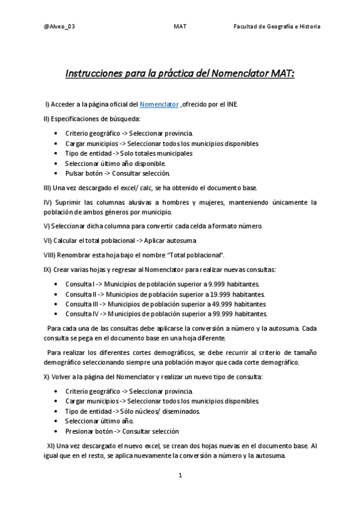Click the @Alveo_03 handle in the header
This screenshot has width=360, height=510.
point(59,26)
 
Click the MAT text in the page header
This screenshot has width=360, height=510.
point(180,26)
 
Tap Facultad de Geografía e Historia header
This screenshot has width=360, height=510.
point(277,26)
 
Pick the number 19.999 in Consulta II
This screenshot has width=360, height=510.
point(220,293)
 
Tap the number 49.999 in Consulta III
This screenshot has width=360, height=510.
point(222,304)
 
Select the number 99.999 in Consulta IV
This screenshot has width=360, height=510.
point(222,313)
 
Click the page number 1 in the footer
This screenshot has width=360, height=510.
point(180,476)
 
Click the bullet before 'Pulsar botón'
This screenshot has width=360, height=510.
point(56,173)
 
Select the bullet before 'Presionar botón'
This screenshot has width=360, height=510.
point(56,431)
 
